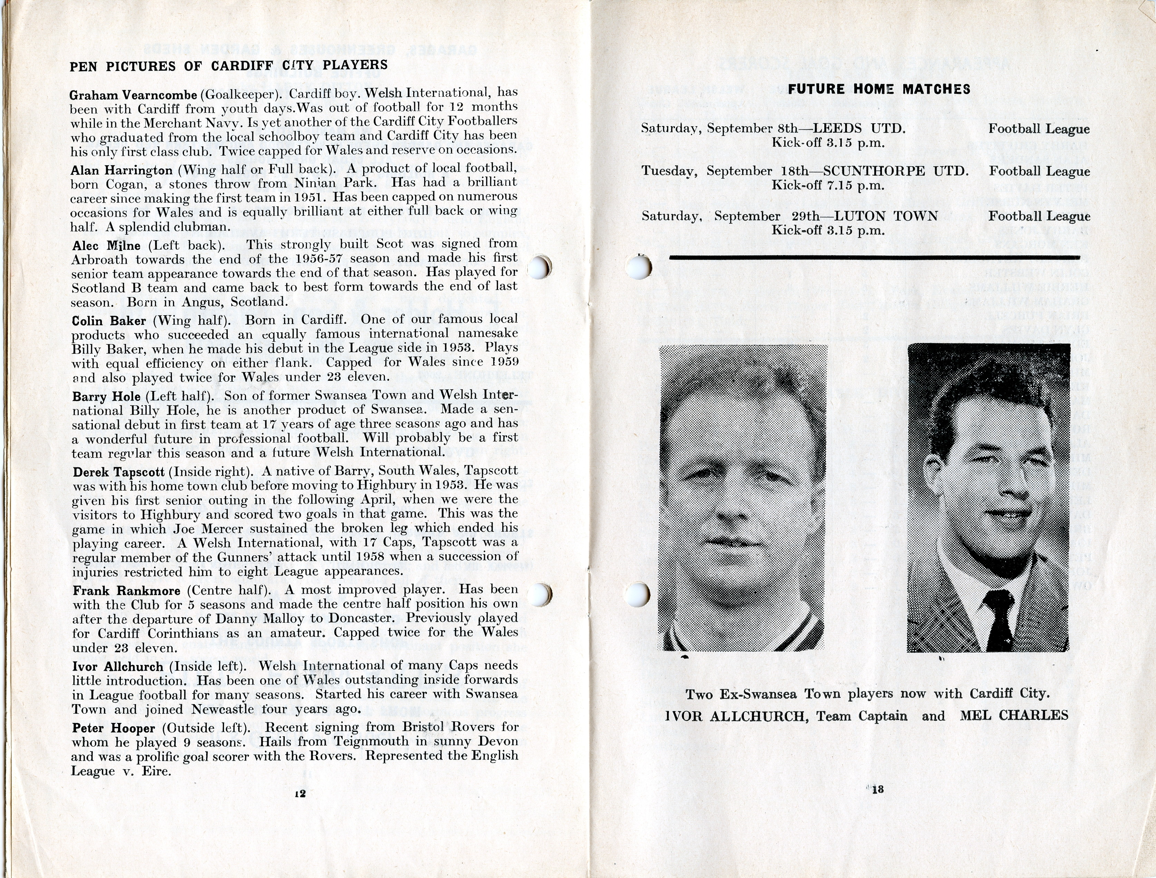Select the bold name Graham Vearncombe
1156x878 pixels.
click(133, 95)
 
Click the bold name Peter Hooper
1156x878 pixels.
click(114, 728)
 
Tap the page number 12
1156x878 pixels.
click(300, 793)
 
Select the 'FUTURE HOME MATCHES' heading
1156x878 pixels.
click(879, 89)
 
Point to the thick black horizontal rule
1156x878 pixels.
click(874, 257)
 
